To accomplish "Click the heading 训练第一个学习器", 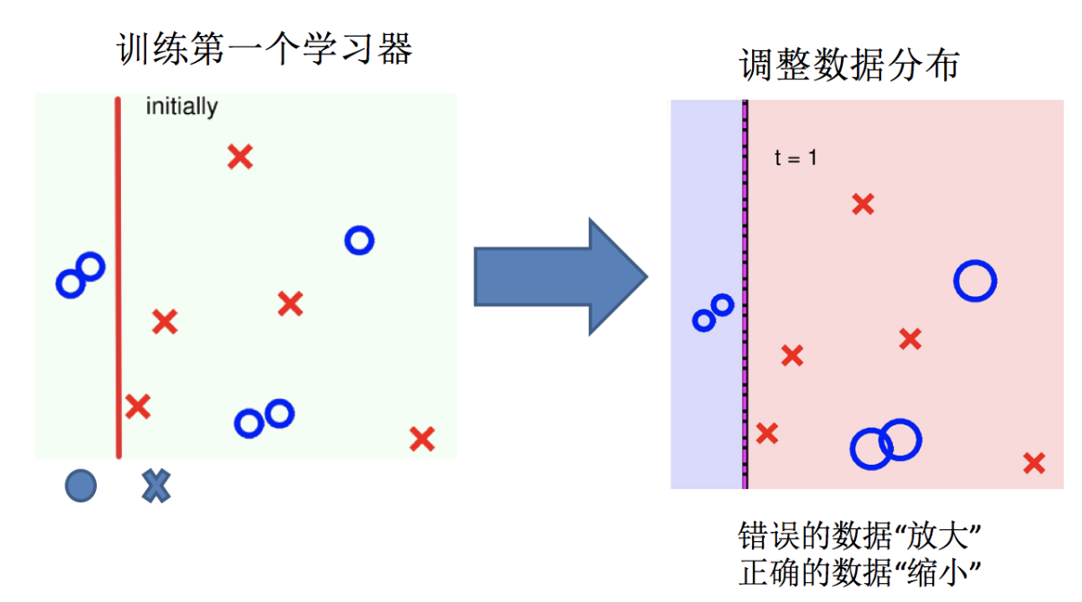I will tap(264, 49).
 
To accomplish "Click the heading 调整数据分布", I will tap(849, 65).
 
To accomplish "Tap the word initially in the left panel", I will tap(182, 107).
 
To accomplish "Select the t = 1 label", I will tap(795, 159).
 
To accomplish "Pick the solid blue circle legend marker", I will tap(81, 485).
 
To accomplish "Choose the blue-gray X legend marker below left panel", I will tap(156, 485).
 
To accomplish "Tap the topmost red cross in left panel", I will tap(239, 157).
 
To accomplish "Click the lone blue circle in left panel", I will tap(359, 240).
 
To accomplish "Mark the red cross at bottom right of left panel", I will tap(421, 439).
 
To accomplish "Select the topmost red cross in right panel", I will tap(862, 205).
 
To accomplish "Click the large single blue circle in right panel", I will tap(974, 281).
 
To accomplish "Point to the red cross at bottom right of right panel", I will tap(1034, 463).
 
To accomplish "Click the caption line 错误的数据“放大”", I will tap(856, 537).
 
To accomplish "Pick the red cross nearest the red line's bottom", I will tap(137, 406).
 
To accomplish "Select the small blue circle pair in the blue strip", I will tap(714, 312).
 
